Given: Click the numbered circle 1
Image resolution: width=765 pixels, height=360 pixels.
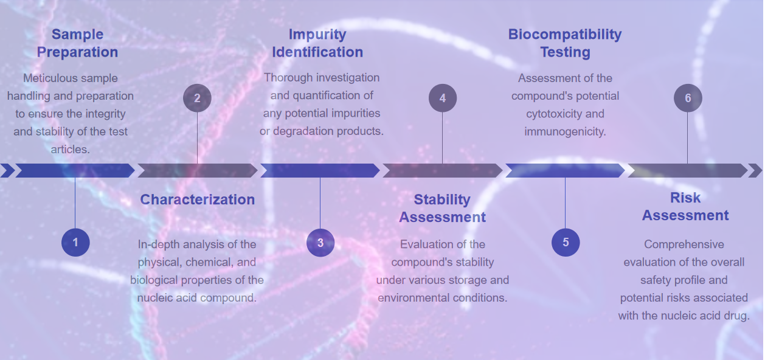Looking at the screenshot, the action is pos(75,243).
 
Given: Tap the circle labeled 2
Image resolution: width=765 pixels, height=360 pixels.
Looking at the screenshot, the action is pos(197,98).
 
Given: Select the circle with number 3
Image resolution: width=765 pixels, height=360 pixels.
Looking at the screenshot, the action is pos(320,243).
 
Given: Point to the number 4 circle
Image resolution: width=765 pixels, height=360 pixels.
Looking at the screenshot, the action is pos(443,98).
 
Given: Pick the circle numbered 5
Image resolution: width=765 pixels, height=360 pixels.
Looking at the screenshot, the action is pos(566,243).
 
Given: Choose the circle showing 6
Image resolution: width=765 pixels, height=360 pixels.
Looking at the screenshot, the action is pos(688,98).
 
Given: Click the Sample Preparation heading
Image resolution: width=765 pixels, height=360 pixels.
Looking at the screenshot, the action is pos(77,43).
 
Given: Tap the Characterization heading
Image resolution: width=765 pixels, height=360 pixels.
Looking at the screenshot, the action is pos(198,199).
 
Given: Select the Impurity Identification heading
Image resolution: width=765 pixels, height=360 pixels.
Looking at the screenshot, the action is pos(317,43).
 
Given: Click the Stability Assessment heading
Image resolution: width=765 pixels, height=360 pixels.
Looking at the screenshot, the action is pos(442,209).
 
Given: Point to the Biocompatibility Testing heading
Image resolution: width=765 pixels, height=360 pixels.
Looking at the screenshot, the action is pos(565,43).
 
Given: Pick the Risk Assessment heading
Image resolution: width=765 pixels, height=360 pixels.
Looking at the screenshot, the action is pos(685,207).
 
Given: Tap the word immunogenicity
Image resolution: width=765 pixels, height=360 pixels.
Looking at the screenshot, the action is pos(565,131).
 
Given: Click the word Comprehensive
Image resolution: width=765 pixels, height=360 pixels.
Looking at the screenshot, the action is pos(684,244).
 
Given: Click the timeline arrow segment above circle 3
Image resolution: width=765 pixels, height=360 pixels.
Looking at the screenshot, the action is pos(320,170).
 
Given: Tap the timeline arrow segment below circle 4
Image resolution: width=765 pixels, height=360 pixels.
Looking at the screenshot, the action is pos(443,170).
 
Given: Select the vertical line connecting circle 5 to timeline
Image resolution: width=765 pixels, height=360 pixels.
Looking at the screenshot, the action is pos(565,203).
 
